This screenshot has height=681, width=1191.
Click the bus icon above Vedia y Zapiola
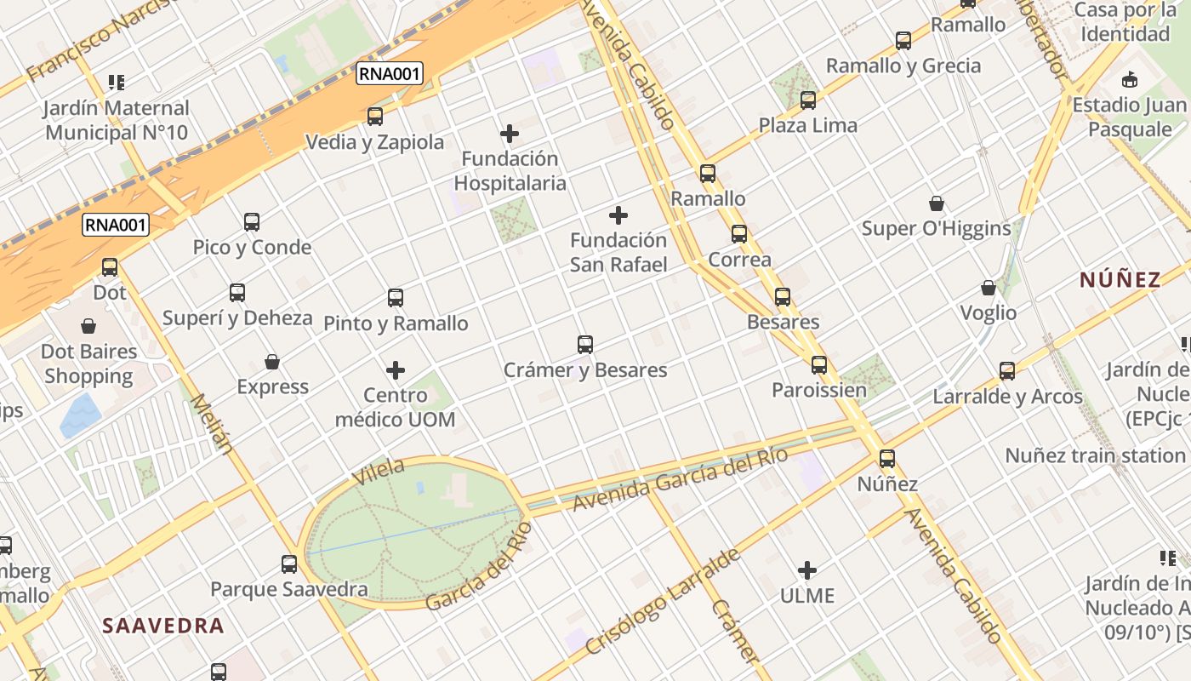374,117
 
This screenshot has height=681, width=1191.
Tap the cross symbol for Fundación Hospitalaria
510,134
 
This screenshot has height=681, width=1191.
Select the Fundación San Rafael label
618,252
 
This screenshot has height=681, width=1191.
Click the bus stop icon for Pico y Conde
252,222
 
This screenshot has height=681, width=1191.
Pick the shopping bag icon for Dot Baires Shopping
88,326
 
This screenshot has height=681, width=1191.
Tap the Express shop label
272,387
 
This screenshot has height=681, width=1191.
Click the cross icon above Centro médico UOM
396,370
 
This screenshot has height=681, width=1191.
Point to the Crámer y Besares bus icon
585,345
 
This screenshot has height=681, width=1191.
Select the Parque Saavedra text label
289,589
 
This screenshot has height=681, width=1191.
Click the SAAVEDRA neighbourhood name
163,626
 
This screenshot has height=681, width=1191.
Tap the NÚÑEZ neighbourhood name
1120,280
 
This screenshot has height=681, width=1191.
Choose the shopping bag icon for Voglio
989,288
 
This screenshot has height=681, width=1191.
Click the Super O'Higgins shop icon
937,203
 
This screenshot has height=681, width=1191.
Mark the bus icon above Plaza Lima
808,100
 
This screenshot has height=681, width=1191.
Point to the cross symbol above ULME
807,570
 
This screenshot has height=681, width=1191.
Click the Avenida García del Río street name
680,479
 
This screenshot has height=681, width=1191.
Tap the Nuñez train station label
1096,455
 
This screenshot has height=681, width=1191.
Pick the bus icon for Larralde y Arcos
1007,371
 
